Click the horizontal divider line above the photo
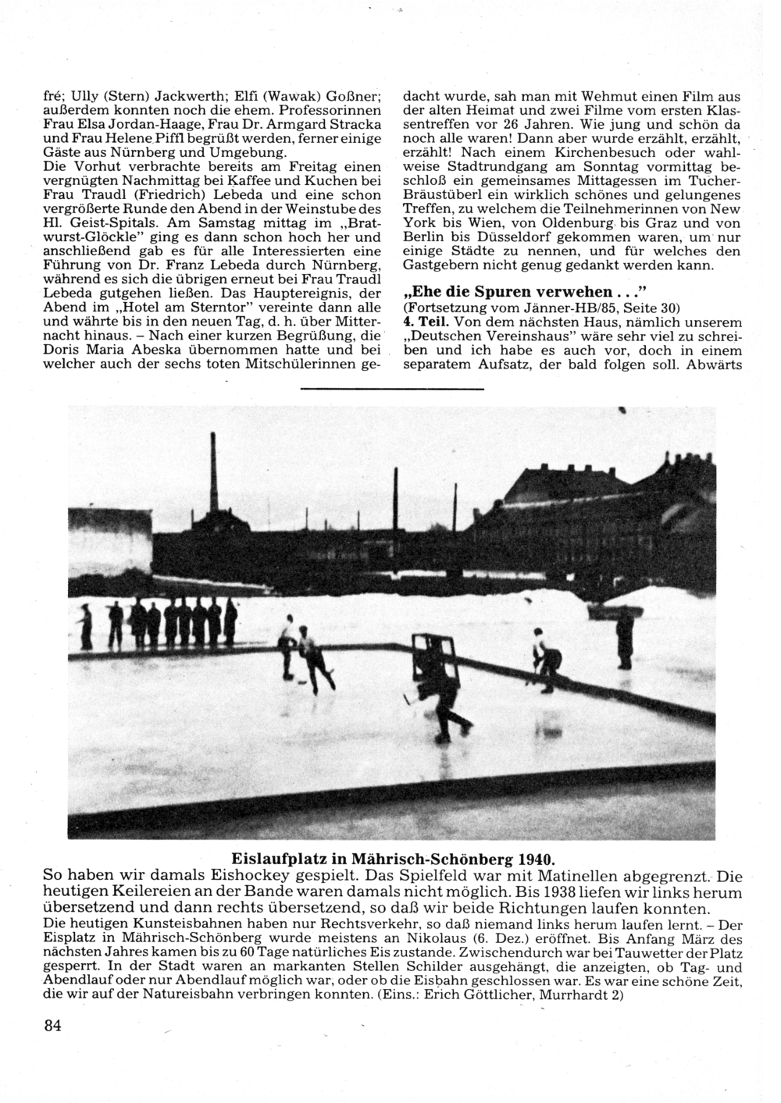[x=392, y=388]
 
